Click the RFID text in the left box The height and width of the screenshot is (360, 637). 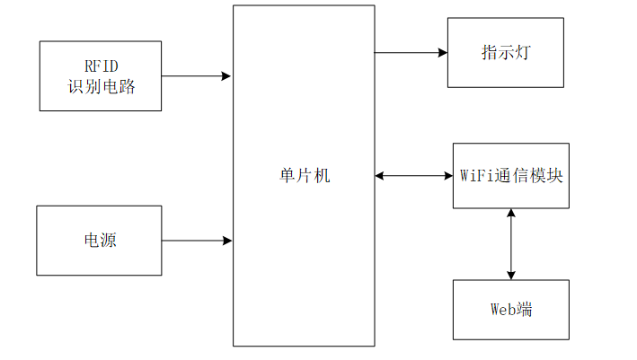pyautogui.click(x=102, y=66)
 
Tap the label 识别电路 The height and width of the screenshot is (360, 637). pyautogui.click(x=102, y=86)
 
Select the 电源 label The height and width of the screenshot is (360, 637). pyautogui.click(x=101, y=240)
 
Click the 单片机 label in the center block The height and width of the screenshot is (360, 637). pyautogui.click(x=305, y=176)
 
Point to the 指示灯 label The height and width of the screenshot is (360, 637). pyautogui.click(x=506, y=52)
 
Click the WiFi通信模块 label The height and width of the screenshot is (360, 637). pyautogui.click(x=511, y=176)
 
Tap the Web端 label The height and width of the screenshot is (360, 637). pyautogui.click(x=511, y=309)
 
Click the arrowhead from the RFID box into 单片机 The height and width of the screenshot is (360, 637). pyautogui.click(x=226, y=76)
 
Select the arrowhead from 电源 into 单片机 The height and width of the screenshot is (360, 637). pyautogui.click(x=227, y=241)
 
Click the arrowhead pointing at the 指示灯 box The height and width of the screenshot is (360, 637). pyautogui.click(x=443, y=52)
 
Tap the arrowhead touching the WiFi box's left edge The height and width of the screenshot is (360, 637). pyautogui.click(x=448, y=176)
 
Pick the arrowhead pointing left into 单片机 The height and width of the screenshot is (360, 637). pyautogui.click(x=379, y=176)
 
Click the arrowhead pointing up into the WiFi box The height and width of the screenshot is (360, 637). pyautogui.click(x=511, y=213)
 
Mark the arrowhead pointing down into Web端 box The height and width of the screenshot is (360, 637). pyautogui.click(x=511, y=276)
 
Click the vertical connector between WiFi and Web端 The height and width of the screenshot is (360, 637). pyautogui.click(x=511, y=244)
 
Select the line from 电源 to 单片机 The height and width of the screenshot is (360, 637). pyautogui.click(x=197, y=241)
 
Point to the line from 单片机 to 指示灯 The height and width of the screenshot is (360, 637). pyautogui.click(x=411, y=52)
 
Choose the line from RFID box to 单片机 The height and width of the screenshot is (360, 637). pyautogui.click(x=196, y=76)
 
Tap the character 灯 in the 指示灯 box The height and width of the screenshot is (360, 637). pyautogui.click(x=523, y=52)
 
